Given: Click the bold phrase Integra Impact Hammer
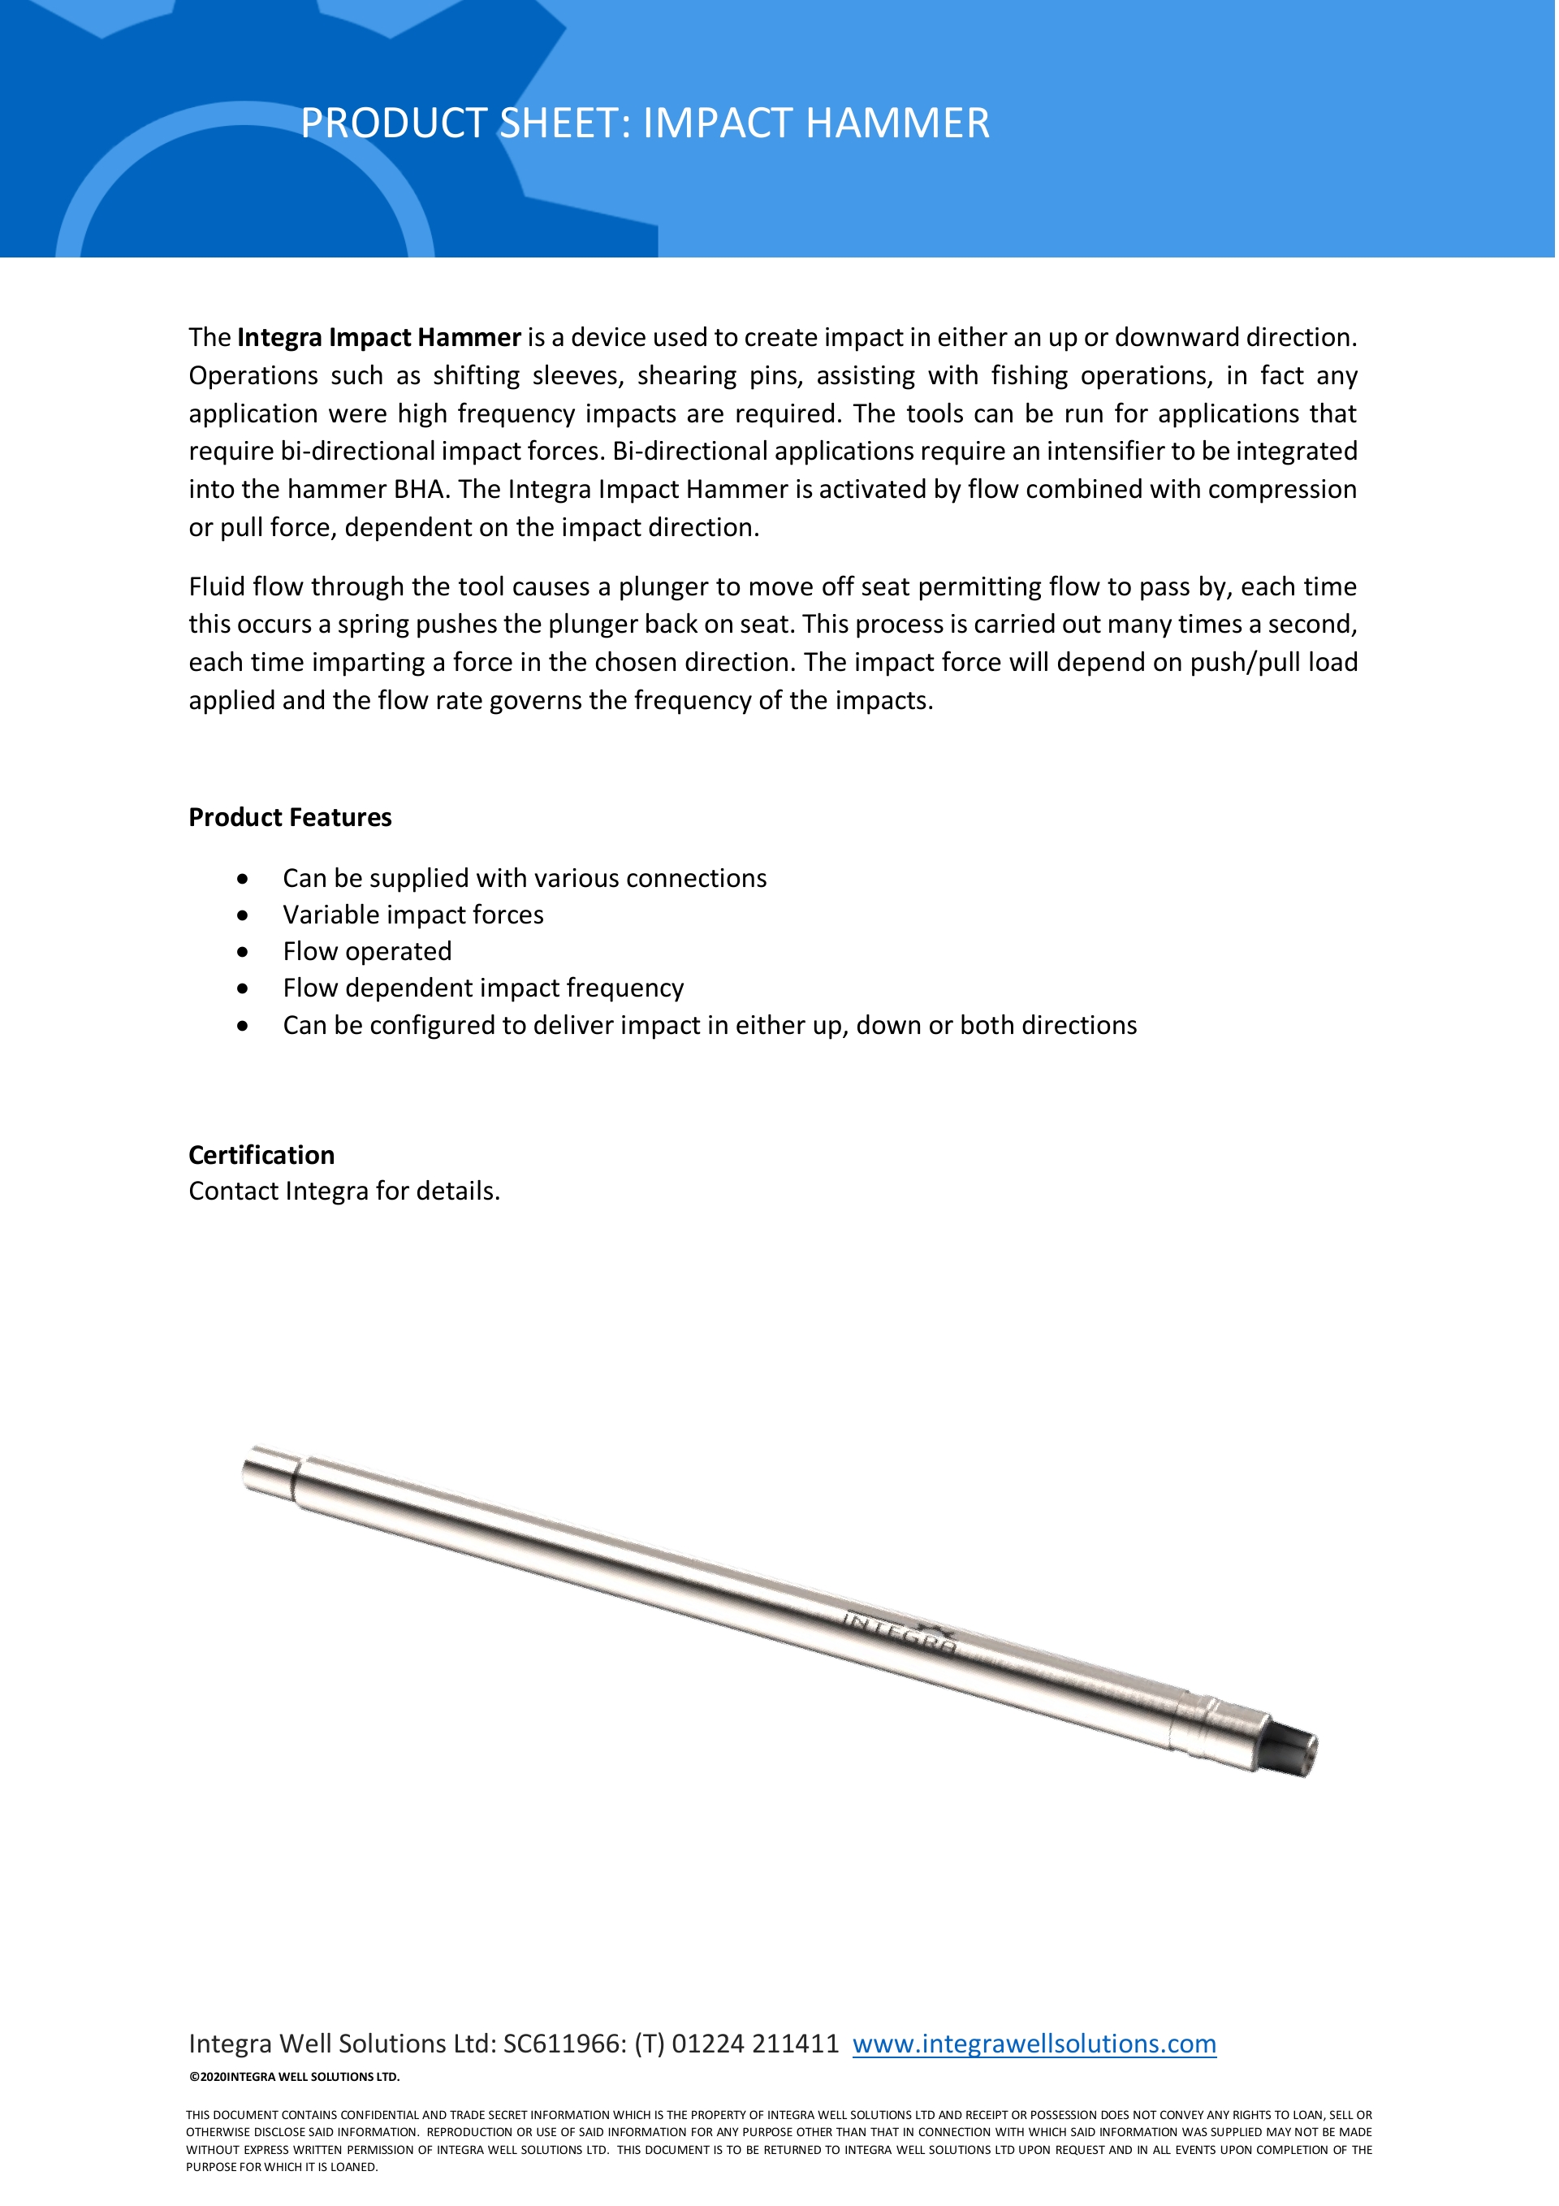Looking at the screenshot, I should coord(378,337).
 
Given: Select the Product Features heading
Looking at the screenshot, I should coord(290,818).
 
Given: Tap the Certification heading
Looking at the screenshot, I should coord(261,1155).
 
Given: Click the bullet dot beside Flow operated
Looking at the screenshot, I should coord(243,952).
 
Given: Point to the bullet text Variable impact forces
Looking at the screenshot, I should coord(413,915).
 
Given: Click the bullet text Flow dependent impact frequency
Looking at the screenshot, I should coord(483,988).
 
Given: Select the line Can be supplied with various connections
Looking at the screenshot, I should coord(525,878).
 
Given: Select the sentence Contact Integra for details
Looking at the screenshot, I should coord(344,1192).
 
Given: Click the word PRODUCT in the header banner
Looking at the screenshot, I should coord(394,123).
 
